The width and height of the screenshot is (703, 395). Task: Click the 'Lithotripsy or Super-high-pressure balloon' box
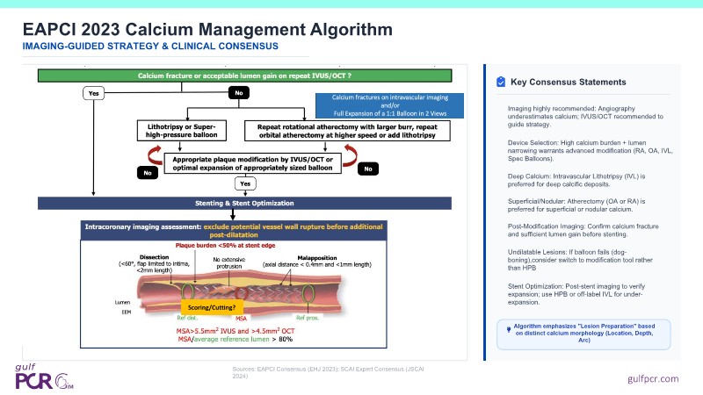[x=183, y=130]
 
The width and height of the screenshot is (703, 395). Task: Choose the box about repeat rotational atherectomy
[x=346, y=130]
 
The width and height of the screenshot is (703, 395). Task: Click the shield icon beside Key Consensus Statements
[x=500, y=82]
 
